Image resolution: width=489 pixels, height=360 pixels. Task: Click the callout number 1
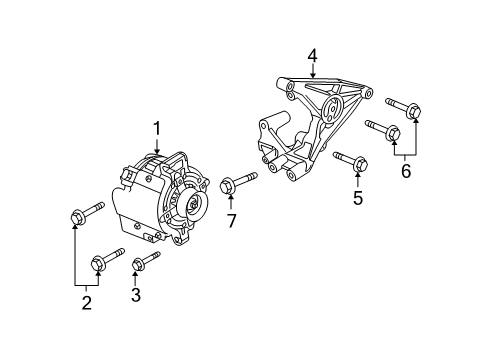(157, 127)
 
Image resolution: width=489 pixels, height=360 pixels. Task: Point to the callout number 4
(313, 56)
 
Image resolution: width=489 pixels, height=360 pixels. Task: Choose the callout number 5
(358, 197)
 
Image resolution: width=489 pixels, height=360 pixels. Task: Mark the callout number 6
(406, 171)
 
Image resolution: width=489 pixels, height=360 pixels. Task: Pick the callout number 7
(231, 219)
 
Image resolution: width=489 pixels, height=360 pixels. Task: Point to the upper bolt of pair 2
(87, 213)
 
